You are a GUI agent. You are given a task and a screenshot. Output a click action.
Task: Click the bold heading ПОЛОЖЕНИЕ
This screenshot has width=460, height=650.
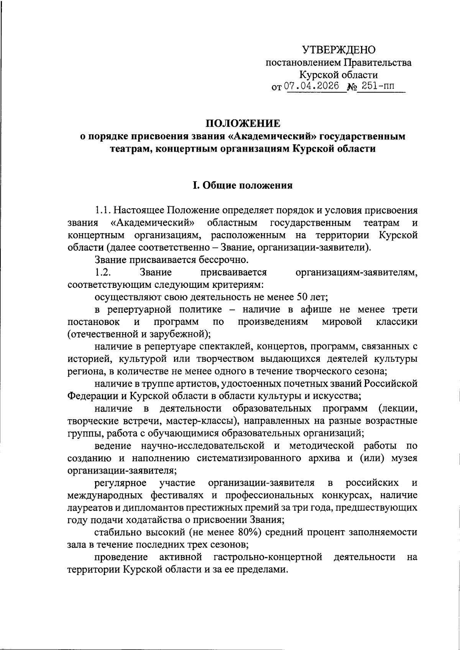(x=243, y=123)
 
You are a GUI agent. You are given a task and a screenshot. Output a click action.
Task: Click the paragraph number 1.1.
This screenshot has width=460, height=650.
(x=103, y=210)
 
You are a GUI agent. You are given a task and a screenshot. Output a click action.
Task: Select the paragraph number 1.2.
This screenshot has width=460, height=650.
(x=103, y=272)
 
